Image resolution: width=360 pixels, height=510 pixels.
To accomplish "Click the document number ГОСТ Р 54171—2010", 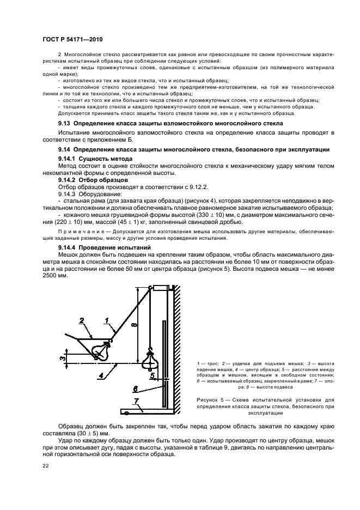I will [x=72, y=40].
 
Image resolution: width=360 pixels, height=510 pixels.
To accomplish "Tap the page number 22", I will [x=45, y=465].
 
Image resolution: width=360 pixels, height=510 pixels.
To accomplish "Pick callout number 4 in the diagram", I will [x=101, y=375].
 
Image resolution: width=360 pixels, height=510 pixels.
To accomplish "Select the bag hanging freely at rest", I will [x=149, y=357].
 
